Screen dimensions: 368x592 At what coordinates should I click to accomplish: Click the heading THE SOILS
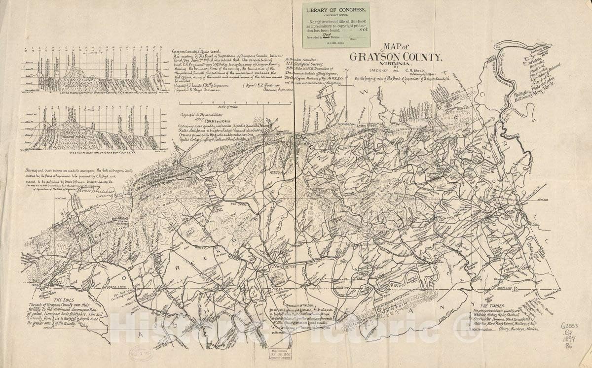coord(65,300)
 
